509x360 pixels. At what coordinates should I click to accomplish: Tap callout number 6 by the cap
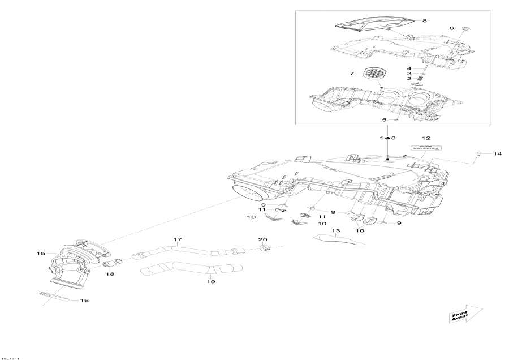[x=451, y=28]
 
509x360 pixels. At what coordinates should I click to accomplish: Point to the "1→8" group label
[x=388, y=138]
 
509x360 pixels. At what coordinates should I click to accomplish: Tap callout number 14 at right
[x=497, y=154]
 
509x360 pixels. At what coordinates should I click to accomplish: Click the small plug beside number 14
[x=478, y=153]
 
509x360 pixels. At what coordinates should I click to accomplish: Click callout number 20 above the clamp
[x=263, y=239]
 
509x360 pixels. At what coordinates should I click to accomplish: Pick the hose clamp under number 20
[x=264, y=248]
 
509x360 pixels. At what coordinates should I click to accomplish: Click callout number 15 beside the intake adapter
[x=41, y=254]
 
